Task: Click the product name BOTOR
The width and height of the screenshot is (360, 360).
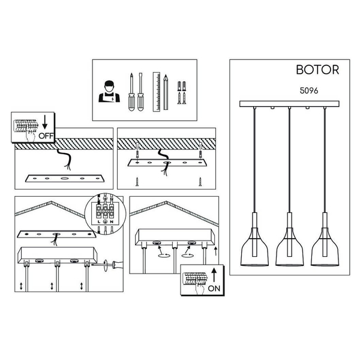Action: [x=317, y=70]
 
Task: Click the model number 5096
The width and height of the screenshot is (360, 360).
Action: [x=309, y=91]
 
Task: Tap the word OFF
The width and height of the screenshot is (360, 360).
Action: [x=46, y=136]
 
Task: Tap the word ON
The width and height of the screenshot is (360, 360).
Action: [x=214, y=289]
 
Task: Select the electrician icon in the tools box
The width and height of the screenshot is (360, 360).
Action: [x=109, y=91]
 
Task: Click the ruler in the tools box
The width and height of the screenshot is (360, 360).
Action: [x=157, y=92]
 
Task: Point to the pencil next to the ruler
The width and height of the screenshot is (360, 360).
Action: [x=166, y=92]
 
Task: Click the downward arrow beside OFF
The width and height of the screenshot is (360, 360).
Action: [x=45, y=122]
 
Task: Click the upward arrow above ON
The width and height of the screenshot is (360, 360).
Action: [x=214, y=275]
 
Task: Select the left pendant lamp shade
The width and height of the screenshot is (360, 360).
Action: [x=254, y=247]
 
